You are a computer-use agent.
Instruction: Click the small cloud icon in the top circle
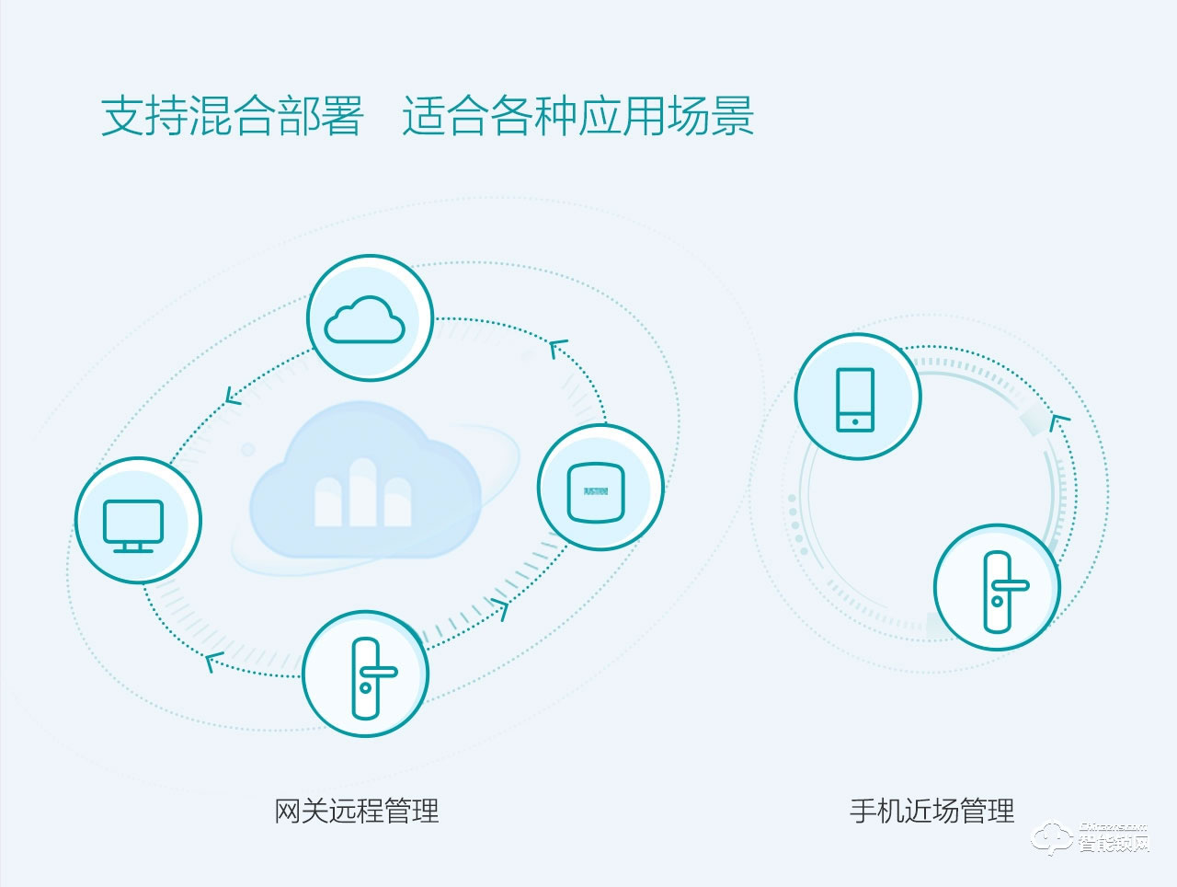[365, 319]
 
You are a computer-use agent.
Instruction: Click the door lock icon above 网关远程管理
[367, 678]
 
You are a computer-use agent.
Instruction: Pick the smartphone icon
[855, 399]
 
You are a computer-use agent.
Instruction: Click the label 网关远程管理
[357, 811]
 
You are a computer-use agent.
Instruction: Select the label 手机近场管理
[931, 811]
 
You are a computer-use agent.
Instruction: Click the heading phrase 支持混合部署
[232, 117]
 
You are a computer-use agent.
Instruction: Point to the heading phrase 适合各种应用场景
[577, 117]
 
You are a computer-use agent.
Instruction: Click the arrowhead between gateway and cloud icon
[558, 348]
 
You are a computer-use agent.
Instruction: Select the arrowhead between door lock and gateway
[500, 608]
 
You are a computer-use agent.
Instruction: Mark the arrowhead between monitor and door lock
[214, 660]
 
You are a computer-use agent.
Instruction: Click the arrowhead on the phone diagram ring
[1060, 422]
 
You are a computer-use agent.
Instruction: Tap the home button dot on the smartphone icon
[855, 422]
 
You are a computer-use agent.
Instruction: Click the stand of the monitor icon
[133, 547]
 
